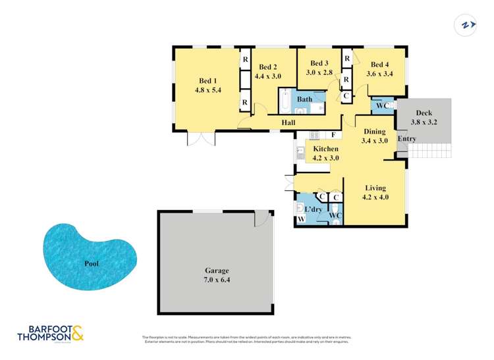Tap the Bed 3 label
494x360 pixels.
pyautogui.click(x=319, y=63)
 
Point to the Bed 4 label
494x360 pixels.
pyautogui.click(x=379, y=64)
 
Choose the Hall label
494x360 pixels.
pyautogui.click(x=288, y=122)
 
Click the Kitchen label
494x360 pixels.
pyautogui.click(x=325, y=149)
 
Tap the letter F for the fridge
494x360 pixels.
pyautogui.click(x=334, y=136)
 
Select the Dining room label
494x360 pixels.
pyautogui.click(x=375, y=131)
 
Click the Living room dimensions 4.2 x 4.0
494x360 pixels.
pyautogui.click(x=375, y=197)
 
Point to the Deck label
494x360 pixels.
pyautogui.click(x=424, y=113)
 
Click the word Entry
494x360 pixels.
pyautogui.click(x=406, y=139)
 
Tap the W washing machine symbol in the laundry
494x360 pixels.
pyautogui.click(x=301, y=219)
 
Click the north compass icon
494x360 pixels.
pyautogui.click(x=467, y=25)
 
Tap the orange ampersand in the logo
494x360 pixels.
pyautogui.click(x=76, y=332)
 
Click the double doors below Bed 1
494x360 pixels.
pyautogui.click(x=200, y=139)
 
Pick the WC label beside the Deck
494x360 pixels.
pyautogui.click(x=381, y=105)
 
